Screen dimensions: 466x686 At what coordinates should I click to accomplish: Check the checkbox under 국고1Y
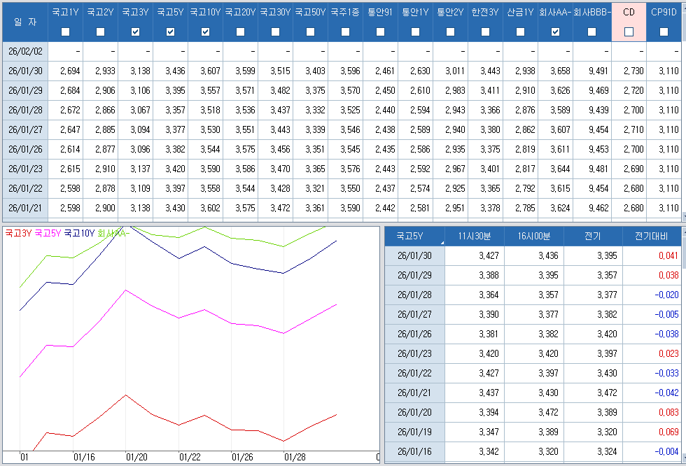[x=66, y=31]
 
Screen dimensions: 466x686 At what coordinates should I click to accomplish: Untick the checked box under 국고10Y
[x=205, y=31]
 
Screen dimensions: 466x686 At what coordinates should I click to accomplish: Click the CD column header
[x=629, y=12]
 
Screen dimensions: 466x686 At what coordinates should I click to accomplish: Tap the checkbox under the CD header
[x=629, y=31]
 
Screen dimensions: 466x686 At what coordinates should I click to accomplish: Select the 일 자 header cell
[x=24, y=21]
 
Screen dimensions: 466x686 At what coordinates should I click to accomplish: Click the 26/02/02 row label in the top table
[x=26, y=51]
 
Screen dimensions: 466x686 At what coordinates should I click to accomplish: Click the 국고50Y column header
[x=310, y=12]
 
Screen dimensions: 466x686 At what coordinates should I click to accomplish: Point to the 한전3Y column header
[x=485, y=12]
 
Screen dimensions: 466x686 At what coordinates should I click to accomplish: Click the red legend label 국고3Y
[x=17, y=234]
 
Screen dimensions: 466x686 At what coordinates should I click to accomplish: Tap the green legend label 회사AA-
[x=113, y=234]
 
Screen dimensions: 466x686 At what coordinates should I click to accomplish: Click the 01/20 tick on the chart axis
[x=136, y=457]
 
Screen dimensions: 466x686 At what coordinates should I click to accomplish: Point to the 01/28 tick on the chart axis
[x=295, y=457]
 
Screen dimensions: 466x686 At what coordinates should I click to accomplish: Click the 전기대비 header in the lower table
[x=651, y=236]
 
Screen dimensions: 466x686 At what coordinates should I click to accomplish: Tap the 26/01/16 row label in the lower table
[x=414, y=452]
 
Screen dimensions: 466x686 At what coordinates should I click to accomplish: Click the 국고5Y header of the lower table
[x=410, y=236]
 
